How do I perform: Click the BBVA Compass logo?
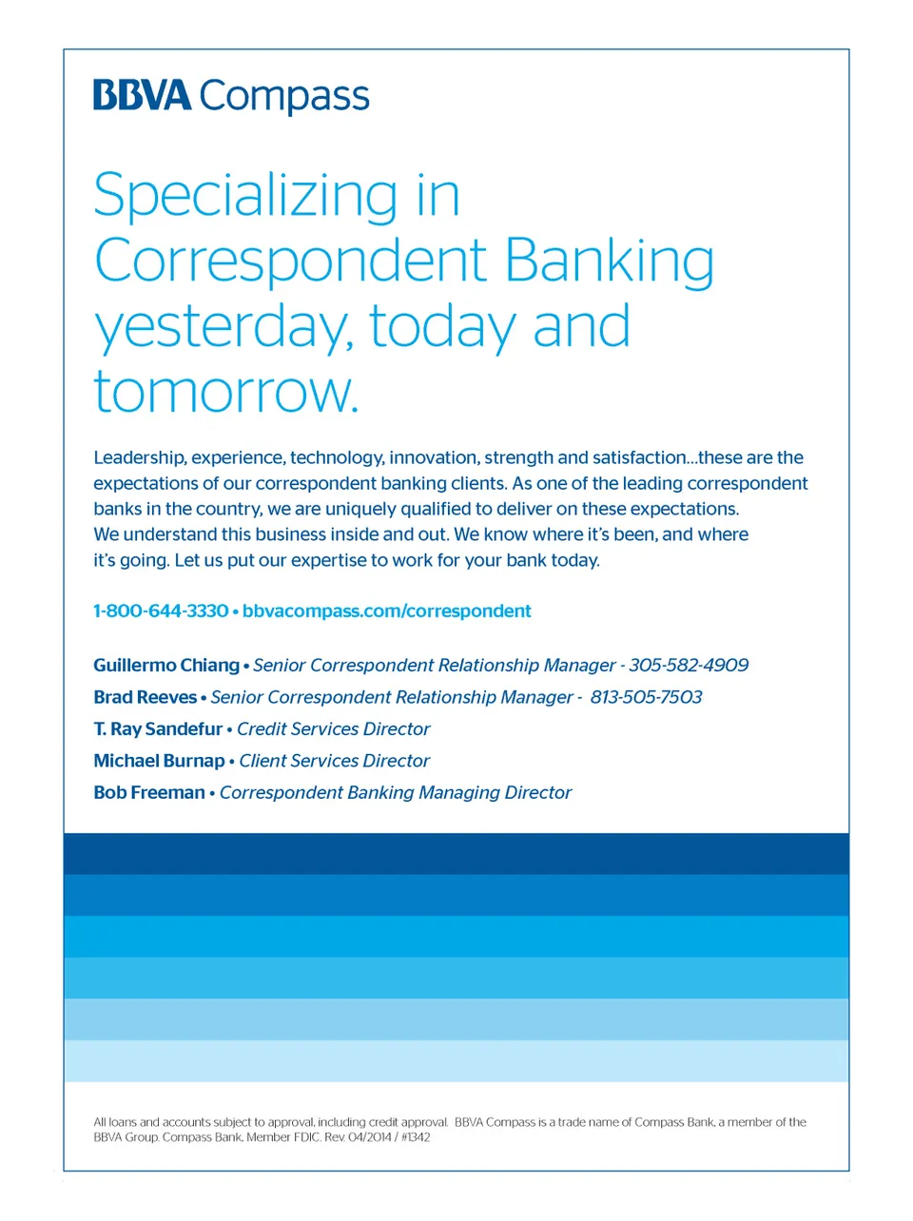231,96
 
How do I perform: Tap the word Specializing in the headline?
245,196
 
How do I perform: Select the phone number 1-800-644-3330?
161,610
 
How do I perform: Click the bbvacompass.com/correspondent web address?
387,610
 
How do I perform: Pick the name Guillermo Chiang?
166,665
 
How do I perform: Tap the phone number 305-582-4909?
689,665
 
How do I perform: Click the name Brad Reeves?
146,697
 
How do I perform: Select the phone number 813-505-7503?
646,697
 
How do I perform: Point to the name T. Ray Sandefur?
158,728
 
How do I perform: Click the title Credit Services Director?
333,728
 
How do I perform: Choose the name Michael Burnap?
159,761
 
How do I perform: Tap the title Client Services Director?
335,761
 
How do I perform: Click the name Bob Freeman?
149,792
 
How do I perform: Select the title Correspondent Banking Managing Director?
396,793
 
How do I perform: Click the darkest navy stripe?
456,854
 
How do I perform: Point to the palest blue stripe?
456,1061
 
